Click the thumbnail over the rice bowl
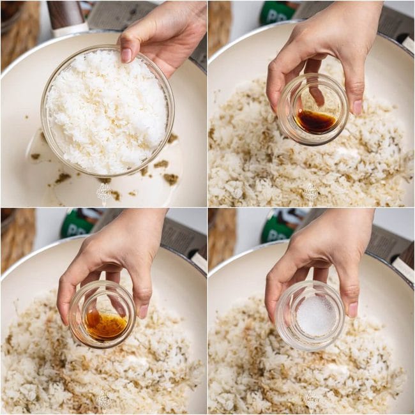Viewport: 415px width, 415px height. click(127, 55)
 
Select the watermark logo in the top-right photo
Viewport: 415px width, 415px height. click(311, 192)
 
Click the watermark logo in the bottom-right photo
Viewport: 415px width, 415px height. click(311, 399)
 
